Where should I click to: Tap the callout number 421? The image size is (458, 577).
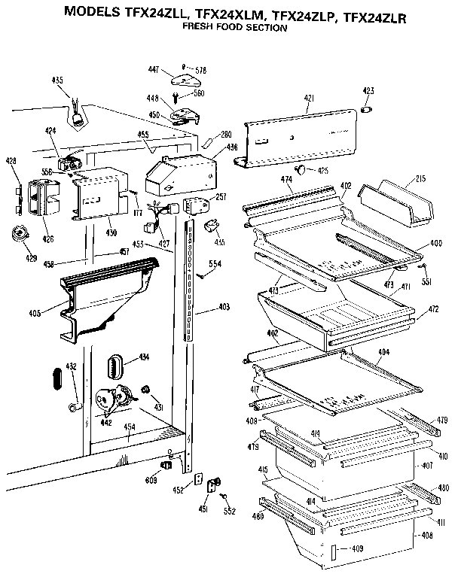tap(310, 98)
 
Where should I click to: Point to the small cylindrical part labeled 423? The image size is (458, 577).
tap(368, 111)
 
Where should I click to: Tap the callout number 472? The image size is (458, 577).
tap(432, 309)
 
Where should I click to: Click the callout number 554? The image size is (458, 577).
tap(215, 264)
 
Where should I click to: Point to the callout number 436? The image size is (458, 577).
tap(231, 147)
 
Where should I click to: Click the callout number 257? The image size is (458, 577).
tap(221, 197)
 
